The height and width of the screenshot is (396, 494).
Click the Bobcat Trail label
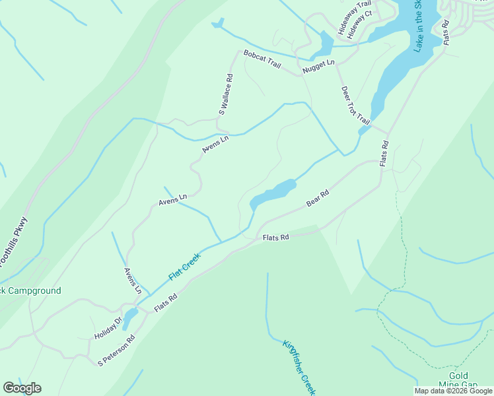(262, 59)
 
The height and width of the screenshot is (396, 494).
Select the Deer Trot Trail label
(355, 104)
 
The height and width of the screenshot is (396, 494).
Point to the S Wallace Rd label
(227, 94)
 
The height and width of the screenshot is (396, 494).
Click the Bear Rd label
(318, 197)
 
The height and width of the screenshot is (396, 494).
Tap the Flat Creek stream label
(184, 267)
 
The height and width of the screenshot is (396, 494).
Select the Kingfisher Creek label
(299, 368)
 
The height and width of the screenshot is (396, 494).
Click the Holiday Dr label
(108, 328)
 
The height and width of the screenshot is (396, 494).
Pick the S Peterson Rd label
(116, 350)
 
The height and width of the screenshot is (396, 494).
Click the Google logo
(22, 388)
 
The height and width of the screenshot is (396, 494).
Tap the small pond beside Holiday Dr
(129, 317)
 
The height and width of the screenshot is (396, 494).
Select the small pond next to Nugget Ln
(325, 44)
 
